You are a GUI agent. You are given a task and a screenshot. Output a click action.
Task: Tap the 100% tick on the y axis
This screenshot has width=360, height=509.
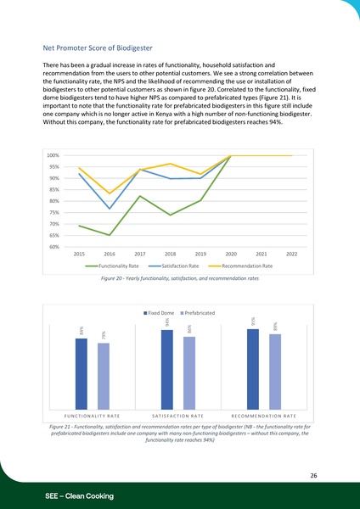[x=53, y=156]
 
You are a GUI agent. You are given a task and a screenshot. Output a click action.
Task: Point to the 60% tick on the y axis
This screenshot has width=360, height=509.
[x=53, y=247]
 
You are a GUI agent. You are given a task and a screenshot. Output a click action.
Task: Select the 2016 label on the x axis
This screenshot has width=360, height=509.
[x=110, y=254]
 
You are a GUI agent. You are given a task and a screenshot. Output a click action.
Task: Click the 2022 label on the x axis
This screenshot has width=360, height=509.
[x=291, y=254]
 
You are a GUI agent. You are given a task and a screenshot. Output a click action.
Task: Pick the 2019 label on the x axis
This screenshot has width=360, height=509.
[x=200, y=254]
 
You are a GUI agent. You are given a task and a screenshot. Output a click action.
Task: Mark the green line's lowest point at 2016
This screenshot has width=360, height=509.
[x=110, y=235]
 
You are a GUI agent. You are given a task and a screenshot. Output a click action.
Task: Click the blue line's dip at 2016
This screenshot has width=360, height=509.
[x=110, y=209]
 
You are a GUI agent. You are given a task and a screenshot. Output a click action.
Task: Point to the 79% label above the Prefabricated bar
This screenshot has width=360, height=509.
[x=104, y=337]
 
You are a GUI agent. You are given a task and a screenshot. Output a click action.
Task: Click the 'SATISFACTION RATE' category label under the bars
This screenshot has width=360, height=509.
[x=177, y=415]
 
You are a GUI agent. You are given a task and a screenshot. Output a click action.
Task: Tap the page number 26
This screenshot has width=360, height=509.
[x=313, y=476]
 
